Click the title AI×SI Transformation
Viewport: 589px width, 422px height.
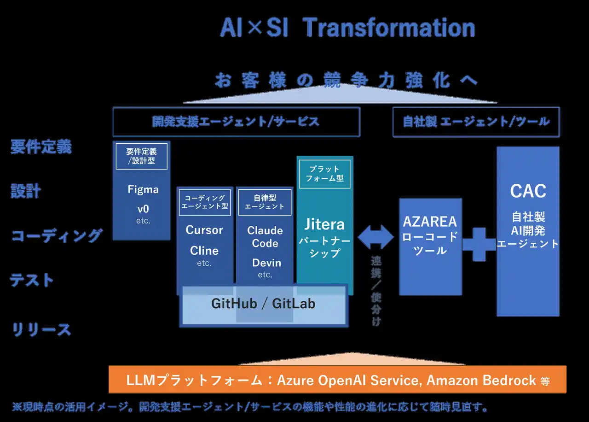347,28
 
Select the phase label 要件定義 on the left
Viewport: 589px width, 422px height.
41,147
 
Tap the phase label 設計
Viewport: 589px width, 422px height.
26,191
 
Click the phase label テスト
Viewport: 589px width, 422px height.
32,280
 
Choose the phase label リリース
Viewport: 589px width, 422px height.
41,329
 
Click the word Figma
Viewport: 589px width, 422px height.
143,189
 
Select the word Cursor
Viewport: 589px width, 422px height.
204,230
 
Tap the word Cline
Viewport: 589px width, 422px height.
204,251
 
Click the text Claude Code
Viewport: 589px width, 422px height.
265,237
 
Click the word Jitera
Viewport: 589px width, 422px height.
324,224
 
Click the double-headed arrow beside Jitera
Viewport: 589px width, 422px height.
376,237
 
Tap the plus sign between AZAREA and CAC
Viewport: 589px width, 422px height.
479,244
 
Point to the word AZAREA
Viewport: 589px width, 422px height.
430,222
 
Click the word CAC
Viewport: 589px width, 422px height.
528,191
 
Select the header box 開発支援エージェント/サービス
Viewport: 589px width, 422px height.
236,122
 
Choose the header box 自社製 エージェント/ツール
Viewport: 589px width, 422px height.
476,122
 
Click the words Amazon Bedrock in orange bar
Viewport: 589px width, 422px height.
481,381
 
